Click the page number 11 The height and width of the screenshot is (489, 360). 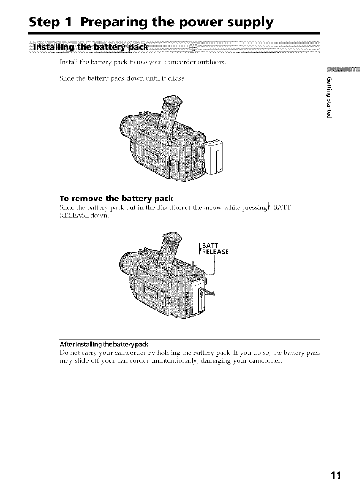tap(335, 476)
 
